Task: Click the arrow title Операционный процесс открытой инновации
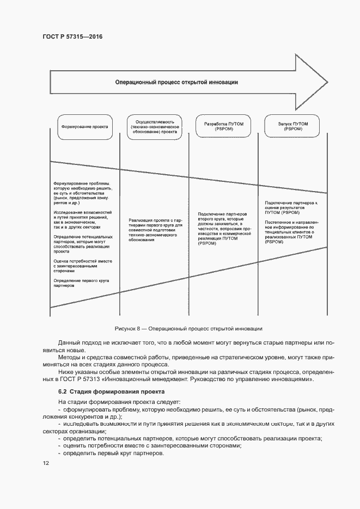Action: coord(176,82)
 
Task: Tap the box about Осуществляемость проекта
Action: coord(154,126)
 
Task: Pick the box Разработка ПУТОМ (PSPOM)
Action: coord(223,126)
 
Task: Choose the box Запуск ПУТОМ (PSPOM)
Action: coord(292,126)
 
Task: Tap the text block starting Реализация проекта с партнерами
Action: coord(154,229)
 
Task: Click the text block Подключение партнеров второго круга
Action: coord(223,229)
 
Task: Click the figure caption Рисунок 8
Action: coord(188,329)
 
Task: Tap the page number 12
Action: coord(46,463)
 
